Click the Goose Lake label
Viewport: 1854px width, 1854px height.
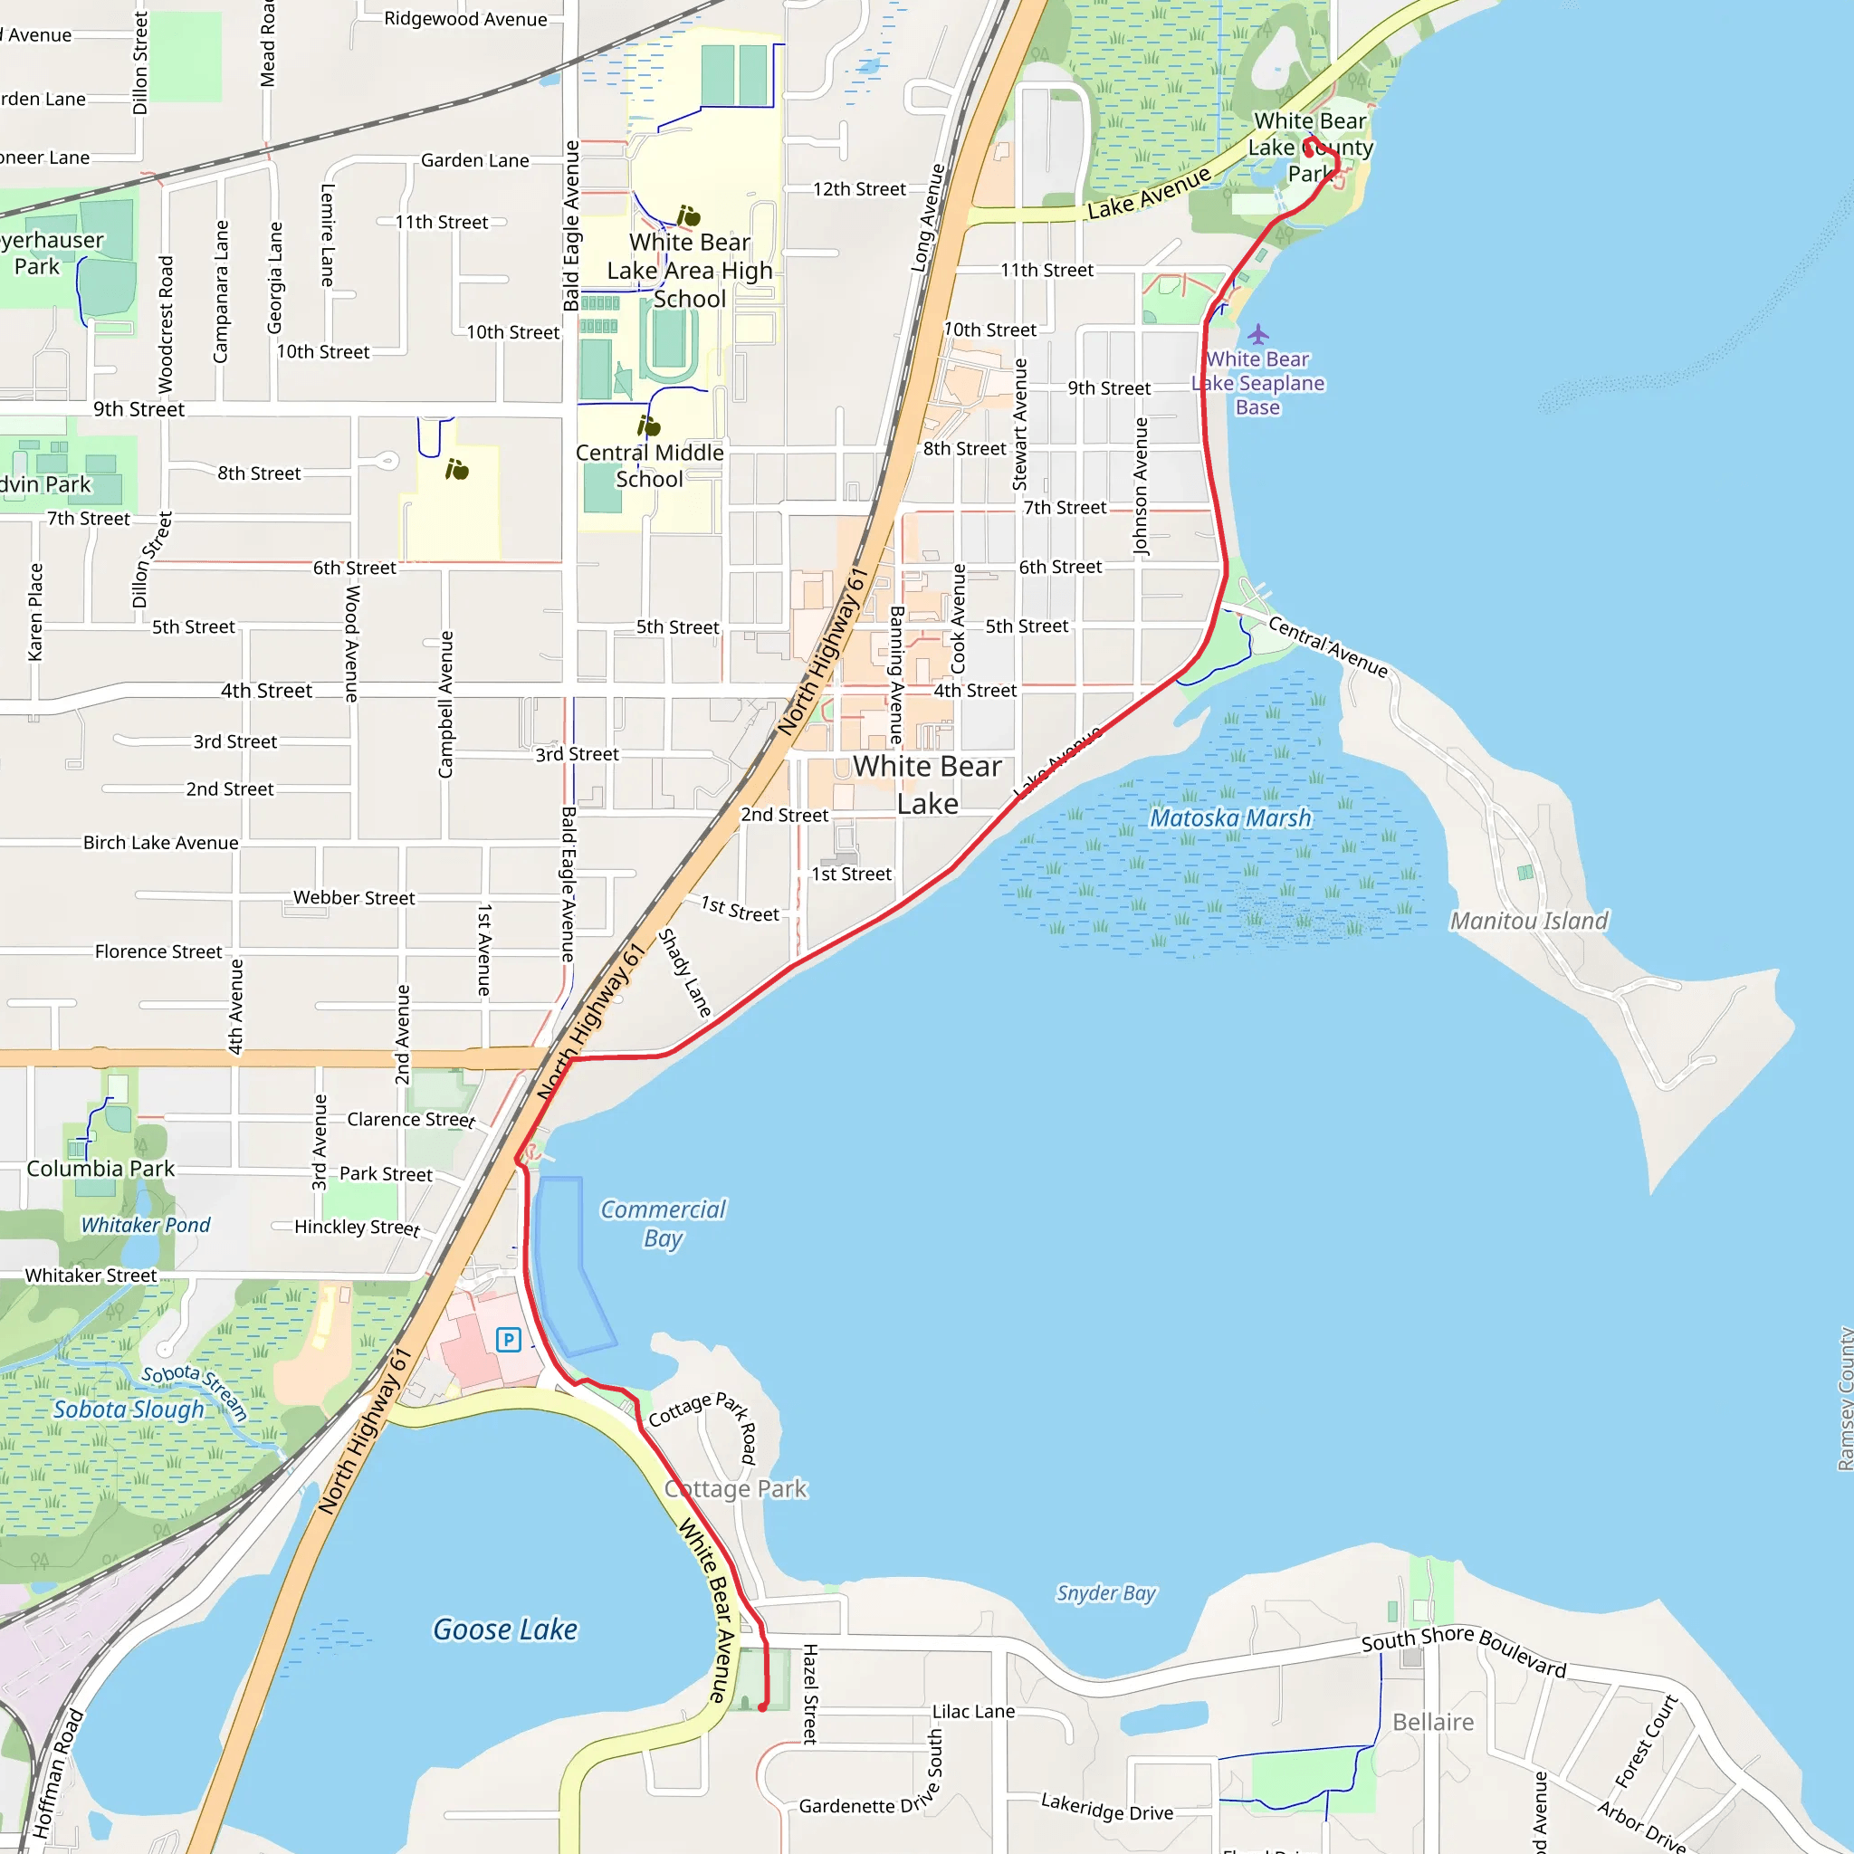tap(505, 1629)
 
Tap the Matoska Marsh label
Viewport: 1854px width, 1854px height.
tap(1230, 817)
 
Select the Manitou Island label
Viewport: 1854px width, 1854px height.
tap(1529, 922)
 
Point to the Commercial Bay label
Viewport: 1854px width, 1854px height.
tap(663, 1224)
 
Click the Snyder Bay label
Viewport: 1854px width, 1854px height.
tap(1106, 1593)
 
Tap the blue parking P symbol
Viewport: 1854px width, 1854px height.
tap(509, 1340)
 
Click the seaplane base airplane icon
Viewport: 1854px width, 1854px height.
tap(1258, 334)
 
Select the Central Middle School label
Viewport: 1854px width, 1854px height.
tap(650, 465)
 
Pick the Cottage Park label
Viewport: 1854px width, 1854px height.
tap(736, 1488)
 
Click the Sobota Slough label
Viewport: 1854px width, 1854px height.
tap(129, 1409)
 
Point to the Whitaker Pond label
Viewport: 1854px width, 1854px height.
tap(146, 1226)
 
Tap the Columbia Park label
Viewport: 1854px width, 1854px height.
tap(100, 1169)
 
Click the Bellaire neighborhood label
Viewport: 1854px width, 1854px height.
tap(1433, 1722)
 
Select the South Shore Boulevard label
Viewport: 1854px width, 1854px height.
tap(1464, 1652)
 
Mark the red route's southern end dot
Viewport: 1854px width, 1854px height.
tap(763, 1707)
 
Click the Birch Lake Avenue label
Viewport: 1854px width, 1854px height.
tap(160, 843)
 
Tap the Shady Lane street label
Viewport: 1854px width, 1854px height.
tap(685, 973)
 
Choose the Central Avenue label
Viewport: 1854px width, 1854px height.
tap(1328, 646)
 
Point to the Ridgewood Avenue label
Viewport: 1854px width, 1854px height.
tap(465, 19)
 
